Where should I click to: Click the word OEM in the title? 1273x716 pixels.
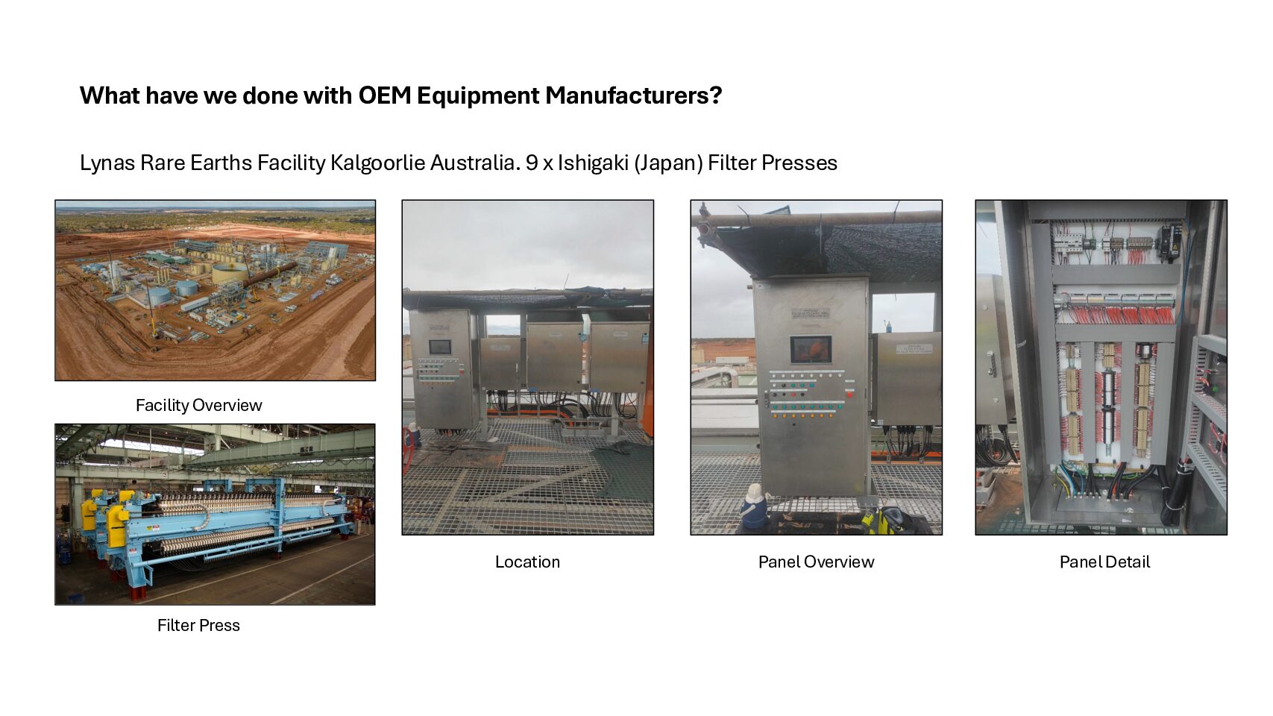[x=384, y=95]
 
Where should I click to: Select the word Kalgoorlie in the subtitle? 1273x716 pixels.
[x=377, y=163]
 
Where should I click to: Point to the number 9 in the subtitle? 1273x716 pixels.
[x=532, y=163]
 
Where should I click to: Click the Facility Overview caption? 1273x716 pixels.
[x=199, y=405]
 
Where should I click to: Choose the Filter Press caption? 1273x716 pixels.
[x=199, y=625]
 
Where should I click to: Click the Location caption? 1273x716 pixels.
[x=527, y=562]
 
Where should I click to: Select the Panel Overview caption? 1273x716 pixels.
[x=816, y=562]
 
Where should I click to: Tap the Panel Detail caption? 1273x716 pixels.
[x=1104, y=562]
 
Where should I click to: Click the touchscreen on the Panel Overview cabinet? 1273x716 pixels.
[x=811, y=350]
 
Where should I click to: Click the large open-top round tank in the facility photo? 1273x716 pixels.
[x=231, y=272]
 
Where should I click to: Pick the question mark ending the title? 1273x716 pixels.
[x=716, y=95]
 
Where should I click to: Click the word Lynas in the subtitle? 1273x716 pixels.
[x=107, y=163]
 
